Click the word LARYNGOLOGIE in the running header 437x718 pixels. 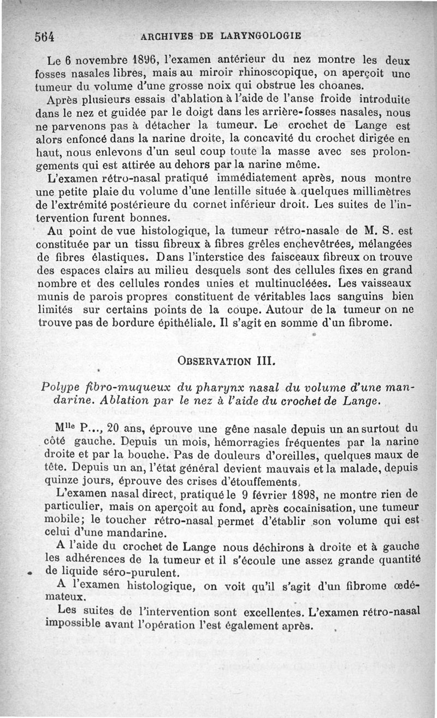(x=261, y=37)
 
